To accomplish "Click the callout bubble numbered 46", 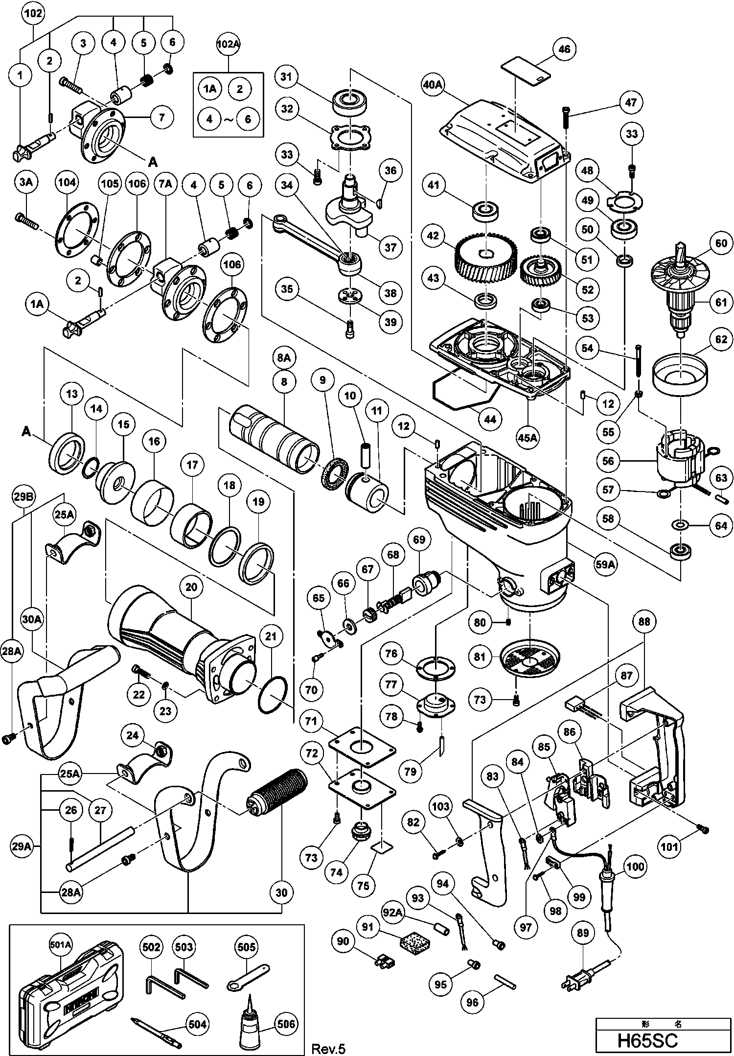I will click(564, 49).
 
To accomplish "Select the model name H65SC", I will click(647, 1040).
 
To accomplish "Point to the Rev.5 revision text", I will click(328, 1049).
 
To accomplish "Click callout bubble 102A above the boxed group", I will click(229, 44).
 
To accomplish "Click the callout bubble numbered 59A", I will click(605, 564).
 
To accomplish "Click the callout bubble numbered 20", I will click(191, 587).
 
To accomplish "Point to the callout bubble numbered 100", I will click(635, 867).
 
